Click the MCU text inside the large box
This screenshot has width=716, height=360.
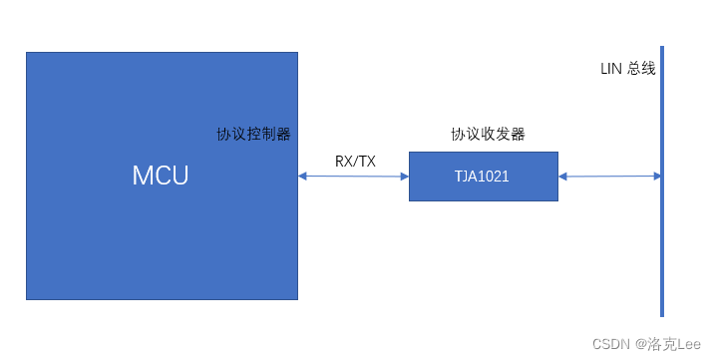click(x=161, y=176)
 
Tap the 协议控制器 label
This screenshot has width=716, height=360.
click(x=254, y=134)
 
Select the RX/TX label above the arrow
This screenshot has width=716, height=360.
click(x=355, y=161)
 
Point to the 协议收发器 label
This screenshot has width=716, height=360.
click(x=488, y=134)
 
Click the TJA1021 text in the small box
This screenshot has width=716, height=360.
click(x=483, y=177)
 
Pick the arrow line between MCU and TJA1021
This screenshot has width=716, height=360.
click(x=353, y=177)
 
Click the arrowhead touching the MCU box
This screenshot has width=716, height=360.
click(x=302, y=177)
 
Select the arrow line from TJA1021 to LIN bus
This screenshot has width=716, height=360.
click(x=608, y=177)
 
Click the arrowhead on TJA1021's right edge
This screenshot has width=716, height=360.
click(x=562, y=177)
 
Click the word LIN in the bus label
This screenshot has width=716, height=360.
click(x=611, y=70)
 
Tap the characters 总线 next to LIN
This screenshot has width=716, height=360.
click(x=641, y=70)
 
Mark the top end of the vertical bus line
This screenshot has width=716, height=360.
click(x=661, y=47)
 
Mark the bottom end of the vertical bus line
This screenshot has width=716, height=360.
click(x=661, y=314)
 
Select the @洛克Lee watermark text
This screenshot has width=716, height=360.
click(x=668, y=343)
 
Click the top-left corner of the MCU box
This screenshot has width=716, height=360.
click(x=27, y=53)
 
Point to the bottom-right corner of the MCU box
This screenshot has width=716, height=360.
click(x=296, y=298)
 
